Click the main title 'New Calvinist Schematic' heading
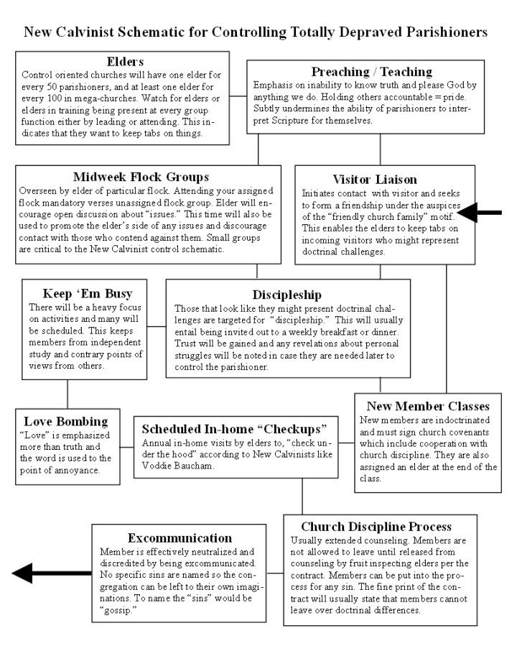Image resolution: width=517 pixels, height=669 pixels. coord(256,32)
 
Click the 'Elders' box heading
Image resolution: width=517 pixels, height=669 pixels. coord(125,62)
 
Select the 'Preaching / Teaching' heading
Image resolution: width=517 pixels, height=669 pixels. coord(371,71)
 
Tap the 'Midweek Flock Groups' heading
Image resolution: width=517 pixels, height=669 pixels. coord(141,177)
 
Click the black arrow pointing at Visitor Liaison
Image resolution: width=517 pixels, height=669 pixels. coord(480,213)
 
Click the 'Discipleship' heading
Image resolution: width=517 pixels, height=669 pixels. coord(287,295)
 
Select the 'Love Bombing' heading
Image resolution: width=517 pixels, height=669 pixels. coord(66,421)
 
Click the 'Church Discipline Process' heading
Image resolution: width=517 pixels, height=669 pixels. coord(376,527)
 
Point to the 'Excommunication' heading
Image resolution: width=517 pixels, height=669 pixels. coord(180,537)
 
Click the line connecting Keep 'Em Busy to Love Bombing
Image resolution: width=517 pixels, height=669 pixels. coord(67,394)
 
